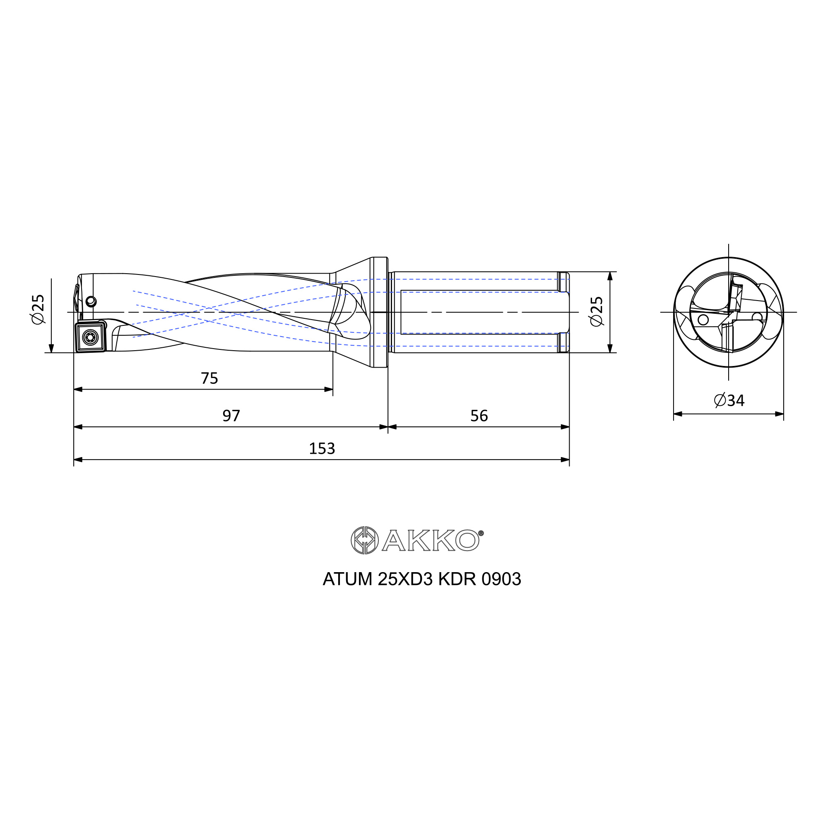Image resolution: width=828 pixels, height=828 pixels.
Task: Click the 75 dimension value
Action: (209, 378)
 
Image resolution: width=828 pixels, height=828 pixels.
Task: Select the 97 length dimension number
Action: (231, 415)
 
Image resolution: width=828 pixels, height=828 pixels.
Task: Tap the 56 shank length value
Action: (479, 415)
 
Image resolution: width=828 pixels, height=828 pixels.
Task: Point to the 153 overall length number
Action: (322, 448)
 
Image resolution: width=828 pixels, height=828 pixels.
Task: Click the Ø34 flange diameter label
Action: (729, 400)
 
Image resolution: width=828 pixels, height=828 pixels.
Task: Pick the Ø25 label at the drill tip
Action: (38, 309)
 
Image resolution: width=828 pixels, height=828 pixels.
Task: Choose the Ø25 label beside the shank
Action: (596, 312)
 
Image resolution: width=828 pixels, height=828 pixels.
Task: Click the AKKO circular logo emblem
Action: (364, 540)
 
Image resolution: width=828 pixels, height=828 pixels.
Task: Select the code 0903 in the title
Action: (501, 579)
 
